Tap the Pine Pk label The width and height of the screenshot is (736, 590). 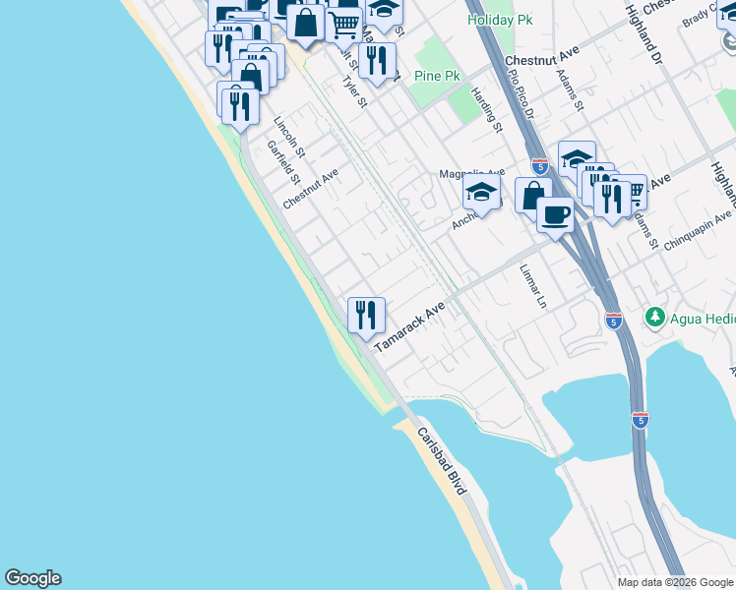439,75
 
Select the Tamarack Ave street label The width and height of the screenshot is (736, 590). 409,322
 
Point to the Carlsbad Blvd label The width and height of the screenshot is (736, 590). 441,461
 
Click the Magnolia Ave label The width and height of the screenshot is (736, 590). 471,173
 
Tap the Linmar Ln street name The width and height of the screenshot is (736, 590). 532,287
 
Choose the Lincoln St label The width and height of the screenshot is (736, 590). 289,139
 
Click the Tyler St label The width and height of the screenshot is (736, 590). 354,91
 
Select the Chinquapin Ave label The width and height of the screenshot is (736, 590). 698,231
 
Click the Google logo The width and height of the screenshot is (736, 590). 32,578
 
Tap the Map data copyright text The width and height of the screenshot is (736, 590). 675,582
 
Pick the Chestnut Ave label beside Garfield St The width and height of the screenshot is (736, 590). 310,188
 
